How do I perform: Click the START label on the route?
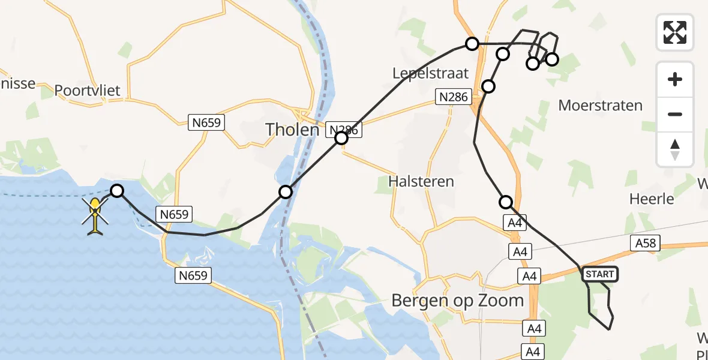click(x=599, y=274)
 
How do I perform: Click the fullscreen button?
click(x=675, y=32)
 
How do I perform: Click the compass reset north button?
click(x=675, y=149)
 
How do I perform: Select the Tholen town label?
click(x=292, y=128)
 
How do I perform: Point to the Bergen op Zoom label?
click(x=458, y=300)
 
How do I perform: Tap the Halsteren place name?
click(x=421, y=181)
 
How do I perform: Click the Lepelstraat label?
click(x=430, y=73)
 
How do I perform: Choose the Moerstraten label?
click(x=600, y=106)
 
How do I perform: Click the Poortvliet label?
click(x=88, y=91)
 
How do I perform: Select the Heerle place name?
click(x=652, y=199)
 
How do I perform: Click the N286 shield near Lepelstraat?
click(x=453, y=97)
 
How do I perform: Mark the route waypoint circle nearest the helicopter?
click(x=118, y=191)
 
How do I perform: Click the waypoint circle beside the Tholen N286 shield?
click(x=341, y=139)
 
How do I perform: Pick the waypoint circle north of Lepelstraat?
click(x=472, y=44)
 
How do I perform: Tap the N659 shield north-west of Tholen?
click(x=207, y=123)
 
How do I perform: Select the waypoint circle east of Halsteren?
click(x=506, y=202)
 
